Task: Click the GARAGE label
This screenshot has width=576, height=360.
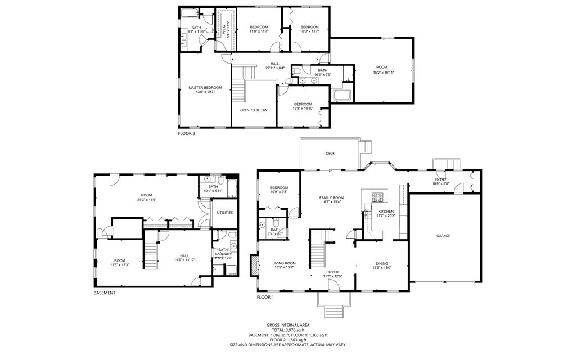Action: point(443,236)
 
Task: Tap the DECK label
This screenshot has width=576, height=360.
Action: point(330,153)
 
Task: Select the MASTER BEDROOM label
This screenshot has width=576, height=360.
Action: point(205,87)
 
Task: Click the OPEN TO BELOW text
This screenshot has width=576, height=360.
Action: point(254,110)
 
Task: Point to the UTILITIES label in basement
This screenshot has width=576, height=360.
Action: point(225,213)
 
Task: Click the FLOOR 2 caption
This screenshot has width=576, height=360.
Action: point(187,134)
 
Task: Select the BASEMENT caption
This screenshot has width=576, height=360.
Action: point(105,292)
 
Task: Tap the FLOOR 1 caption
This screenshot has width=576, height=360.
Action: point(265,297)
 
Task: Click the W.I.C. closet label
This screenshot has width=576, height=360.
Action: point(224,26)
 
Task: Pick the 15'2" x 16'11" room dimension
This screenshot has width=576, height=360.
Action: point(382,73)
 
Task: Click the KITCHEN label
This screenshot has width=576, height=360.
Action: point(386,211)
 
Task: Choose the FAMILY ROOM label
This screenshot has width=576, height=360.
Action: point(331,197)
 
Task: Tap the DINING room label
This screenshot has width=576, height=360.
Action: point(382,263)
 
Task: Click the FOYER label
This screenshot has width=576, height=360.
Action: point(333,272)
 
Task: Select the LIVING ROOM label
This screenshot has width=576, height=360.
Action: point(284,263)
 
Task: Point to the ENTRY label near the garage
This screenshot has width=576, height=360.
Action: point(440,179)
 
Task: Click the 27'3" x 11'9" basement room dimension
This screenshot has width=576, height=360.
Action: point(146,200)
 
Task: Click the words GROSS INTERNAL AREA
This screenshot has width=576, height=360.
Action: point(288,325)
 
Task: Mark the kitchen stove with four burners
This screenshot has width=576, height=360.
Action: point(376,196)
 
